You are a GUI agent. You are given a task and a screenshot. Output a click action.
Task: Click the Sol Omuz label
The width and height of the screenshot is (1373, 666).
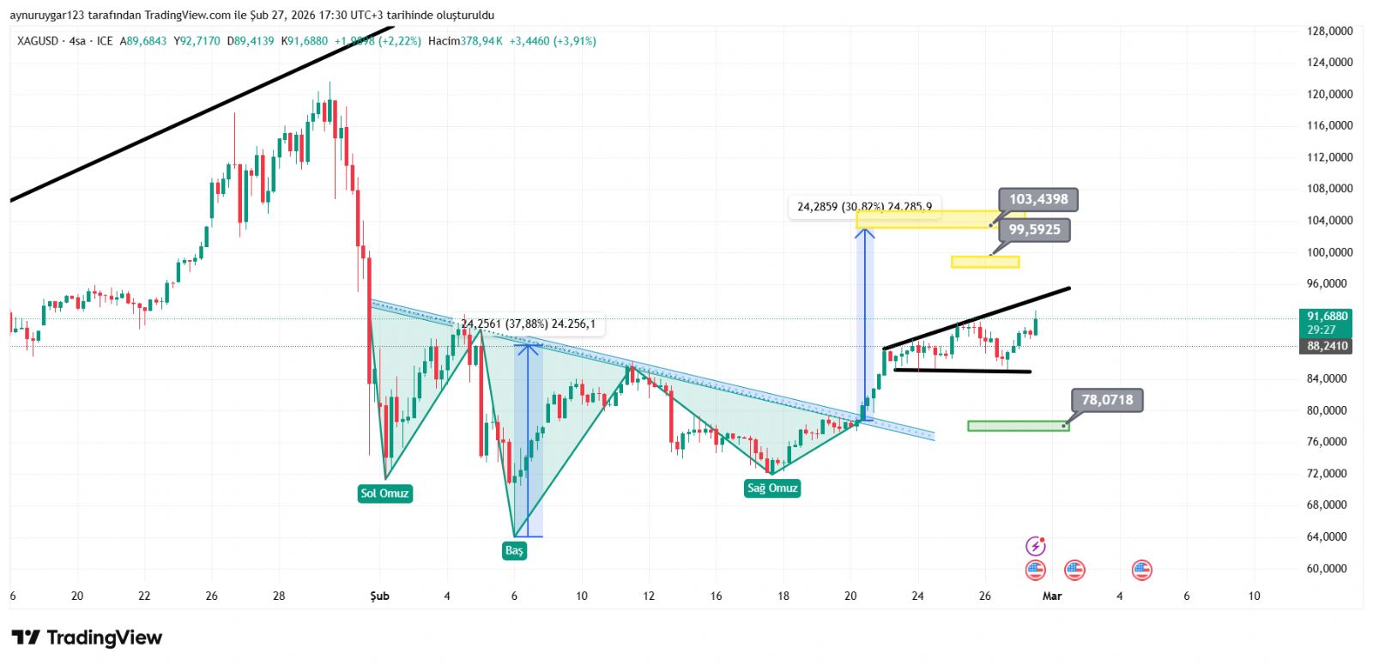tap(384, 493)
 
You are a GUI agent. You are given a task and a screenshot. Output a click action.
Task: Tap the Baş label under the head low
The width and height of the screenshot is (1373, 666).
tap(513, 550)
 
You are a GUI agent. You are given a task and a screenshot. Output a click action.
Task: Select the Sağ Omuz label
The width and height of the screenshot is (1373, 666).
tap(772, 488)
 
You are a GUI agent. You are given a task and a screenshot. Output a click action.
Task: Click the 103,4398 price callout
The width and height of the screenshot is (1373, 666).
tap(1038, 199)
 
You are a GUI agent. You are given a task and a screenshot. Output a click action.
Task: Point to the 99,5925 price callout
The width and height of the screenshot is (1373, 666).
tap(1034, 230)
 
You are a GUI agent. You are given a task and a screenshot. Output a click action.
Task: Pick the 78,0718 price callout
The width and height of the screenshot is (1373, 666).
tap(1107, 400)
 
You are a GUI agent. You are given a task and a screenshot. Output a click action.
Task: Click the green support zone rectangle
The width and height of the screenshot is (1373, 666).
tap(1018, 426)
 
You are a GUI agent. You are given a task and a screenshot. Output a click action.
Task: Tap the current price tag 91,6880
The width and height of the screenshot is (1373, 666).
tap(1327, 317)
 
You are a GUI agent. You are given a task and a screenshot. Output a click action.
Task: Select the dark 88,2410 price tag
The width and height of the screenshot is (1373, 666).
tap(1327, 346)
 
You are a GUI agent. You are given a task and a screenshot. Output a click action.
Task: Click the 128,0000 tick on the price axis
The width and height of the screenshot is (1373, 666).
tap(1329, 31)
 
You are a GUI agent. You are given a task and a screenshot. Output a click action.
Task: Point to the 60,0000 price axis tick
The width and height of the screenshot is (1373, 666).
tap(1329, 568)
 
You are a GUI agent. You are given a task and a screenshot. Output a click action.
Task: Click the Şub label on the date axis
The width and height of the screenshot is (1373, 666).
tap(379, 596)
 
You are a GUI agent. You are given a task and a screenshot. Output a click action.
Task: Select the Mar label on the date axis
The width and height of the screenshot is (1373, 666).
tap(1052, 596)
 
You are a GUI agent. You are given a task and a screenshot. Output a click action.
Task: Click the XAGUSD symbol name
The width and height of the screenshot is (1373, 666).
tap(38, 41)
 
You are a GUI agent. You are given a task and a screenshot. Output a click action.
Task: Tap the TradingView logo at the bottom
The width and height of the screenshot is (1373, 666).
tap(87, 638)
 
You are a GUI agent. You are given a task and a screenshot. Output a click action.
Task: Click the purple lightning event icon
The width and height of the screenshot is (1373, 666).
tap(1036, 546)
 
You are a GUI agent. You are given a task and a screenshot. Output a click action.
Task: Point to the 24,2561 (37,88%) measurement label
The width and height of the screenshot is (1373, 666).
tap(528, 324)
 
